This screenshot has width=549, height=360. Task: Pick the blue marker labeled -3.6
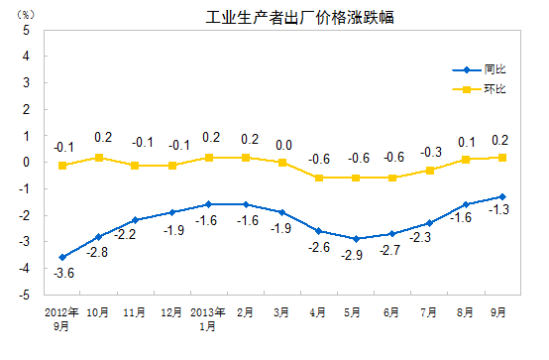pos(62,257)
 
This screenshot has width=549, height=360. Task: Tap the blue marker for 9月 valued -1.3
pos(502,196)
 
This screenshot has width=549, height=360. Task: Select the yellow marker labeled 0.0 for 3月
pos(282,162)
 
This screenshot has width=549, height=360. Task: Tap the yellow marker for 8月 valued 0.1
pos(466,159)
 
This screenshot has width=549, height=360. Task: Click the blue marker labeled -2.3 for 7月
pos(429,222)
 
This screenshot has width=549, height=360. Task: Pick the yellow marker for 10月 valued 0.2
pos(99,157)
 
